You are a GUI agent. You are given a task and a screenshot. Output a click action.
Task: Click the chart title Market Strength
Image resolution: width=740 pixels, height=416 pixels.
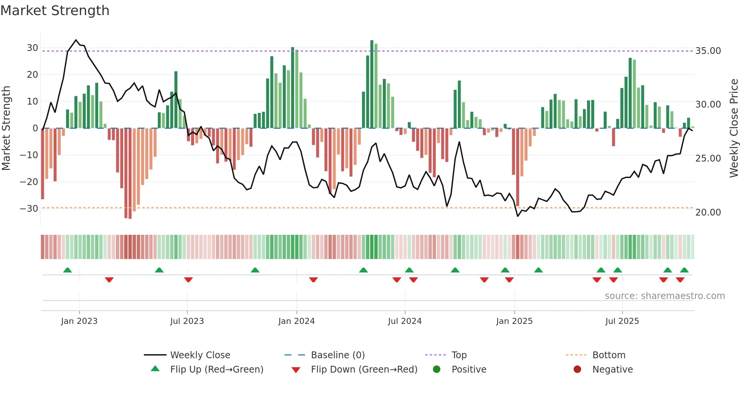click(x=55, y=11)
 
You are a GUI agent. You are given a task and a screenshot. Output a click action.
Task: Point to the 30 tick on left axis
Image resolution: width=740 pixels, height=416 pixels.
click(x=32, y=48)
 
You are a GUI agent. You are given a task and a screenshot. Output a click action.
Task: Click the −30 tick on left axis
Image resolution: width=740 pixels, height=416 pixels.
click(x=29, y=208)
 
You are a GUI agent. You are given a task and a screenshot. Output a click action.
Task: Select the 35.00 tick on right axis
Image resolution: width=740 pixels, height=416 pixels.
click(x=708, y=51)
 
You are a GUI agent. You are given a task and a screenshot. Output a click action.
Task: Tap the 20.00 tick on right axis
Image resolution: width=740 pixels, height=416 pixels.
click(x=708, y=212)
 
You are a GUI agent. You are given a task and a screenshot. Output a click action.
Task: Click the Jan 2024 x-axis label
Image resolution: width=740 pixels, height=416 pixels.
click(x=296, y=321)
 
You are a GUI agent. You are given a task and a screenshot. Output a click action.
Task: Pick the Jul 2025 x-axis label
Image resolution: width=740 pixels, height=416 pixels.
click(x=622, y=321)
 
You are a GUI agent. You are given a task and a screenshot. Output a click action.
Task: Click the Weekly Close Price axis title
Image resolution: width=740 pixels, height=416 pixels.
click(x=734, y=128)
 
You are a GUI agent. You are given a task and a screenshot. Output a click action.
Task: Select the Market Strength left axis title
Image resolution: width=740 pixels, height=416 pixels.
click(x=6, y=128)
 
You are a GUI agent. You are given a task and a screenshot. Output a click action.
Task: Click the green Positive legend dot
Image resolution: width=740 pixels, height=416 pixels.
click(x=436, y=370)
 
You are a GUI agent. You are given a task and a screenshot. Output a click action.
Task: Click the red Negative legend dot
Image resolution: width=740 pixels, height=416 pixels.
click(x=577, y=370)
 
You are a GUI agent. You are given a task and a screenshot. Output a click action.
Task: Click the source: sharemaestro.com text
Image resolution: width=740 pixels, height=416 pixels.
click(x=664, y=296)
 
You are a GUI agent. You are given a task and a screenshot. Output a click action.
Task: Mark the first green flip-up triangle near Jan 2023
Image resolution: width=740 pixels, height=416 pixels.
click(x=68, y=270)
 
